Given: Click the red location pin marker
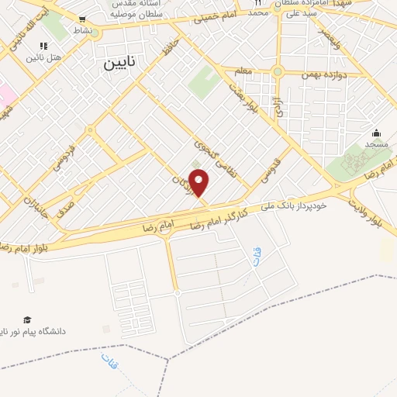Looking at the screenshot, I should click(199, 183).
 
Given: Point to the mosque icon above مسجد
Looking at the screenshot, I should click(377, 133).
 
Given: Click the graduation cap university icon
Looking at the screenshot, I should click(27, 319).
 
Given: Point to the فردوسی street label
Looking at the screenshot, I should click(69, 147).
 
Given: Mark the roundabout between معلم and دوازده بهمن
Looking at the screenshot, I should click(277, 72).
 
